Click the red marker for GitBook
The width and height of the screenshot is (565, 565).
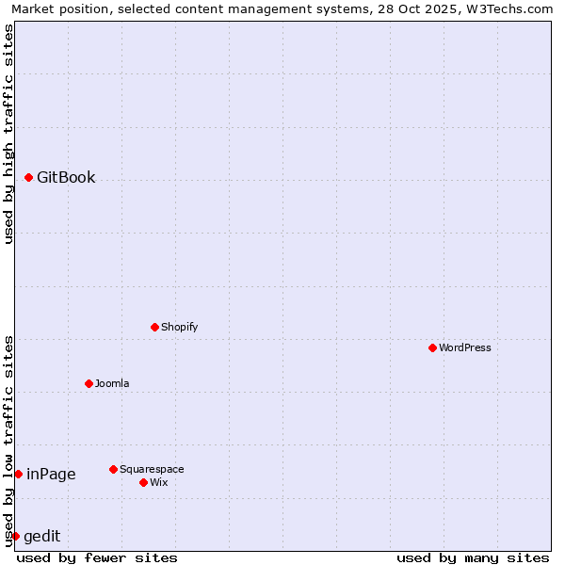coord(28,177)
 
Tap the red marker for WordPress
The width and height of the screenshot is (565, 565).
coord(432,347)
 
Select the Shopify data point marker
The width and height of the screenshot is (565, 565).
coord(154,327)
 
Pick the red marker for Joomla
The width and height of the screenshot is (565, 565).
coord(89,383)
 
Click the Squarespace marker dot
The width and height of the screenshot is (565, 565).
coord(113,469)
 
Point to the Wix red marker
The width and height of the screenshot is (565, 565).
coord(143,482)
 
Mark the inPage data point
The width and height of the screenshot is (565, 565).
coord(18,474)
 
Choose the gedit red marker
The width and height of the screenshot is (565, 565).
coord(15,536)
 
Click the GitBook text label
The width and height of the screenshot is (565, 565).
coord(66,177)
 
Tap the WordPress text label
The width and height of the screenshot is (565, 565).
coord(465,347)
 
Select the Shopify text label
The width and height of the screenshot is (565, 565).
coord(180,327)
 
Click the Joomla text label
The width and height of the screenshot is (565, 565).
coord(112,383)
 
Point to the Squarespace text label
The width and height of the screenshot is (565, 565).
coord(152,469)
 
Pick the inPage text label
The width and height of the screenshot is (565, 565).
coord(51,474)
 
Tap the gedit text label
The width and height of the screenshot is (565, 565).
coord(41,536)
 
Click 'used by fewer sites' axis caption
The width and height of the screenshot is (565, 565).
coord(97,557)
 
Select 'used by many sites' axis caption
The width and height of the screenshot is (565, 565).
coord(473,557)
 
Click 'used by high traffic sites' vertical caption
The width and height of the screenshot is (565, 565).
coord(8,134)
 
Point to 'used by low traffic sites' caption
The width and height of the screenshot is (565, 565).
coord(8,441)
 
